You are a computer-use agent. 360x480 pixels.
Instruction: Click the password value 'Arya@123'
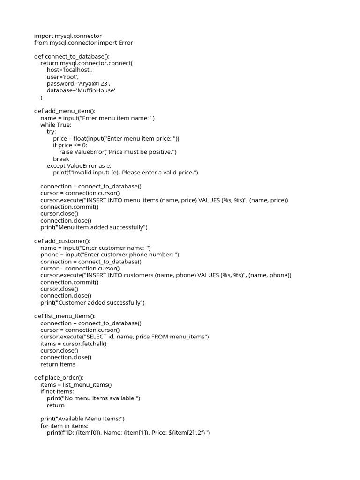(x=93, y=83)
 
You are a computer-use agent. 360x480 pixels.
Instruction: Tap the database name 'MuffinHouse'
(x=96, y=90)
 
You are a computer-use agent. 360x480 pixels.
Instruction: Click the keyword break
(x=61, y=159)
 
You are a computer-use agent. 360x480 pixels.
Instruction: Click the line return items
(x=58, y=364)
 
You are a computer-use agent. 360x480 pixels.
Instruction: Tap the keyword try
(x=51, y=132)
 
